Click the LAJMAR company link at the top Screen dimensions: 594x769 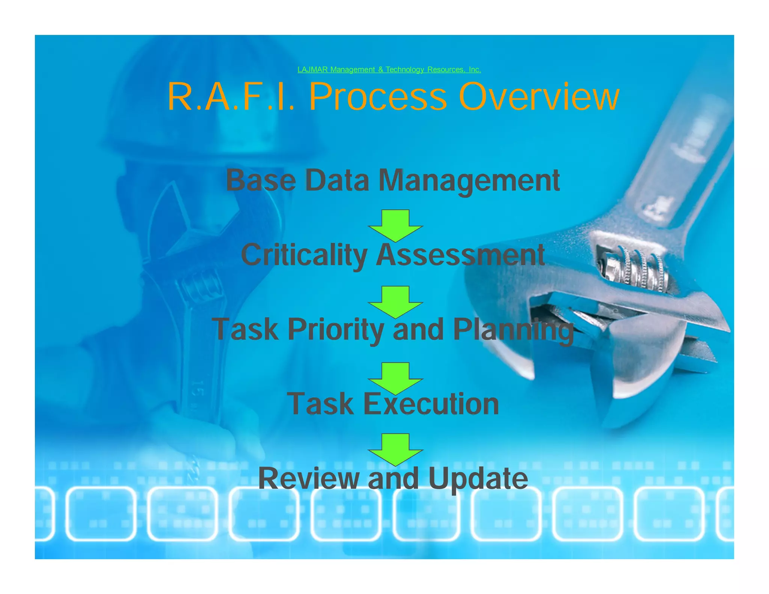(389, 69)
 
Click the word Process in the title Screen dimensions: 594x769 (378, 97)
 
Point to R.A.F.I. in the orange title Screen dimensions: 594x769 (231, 97)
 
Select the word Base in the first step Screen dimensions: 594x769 (261, 181)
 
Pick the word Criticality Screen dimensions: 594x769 (304, 255)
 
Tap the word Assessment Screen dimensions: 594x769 (460, 255)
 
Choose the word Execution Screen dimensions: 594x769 (431, 404)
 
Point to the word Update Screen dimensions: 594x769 (478, 478)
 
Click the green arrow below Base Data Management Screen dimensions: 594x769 (395, 225)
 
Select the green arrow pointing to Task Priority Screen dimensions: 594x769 (395, 301)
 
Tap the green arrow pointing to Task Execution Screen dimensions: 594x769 (395, 377)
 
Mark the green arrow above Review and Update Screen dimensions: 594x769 (395, 448)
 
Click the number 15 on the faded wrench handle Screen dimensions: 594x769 (198, 389)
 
